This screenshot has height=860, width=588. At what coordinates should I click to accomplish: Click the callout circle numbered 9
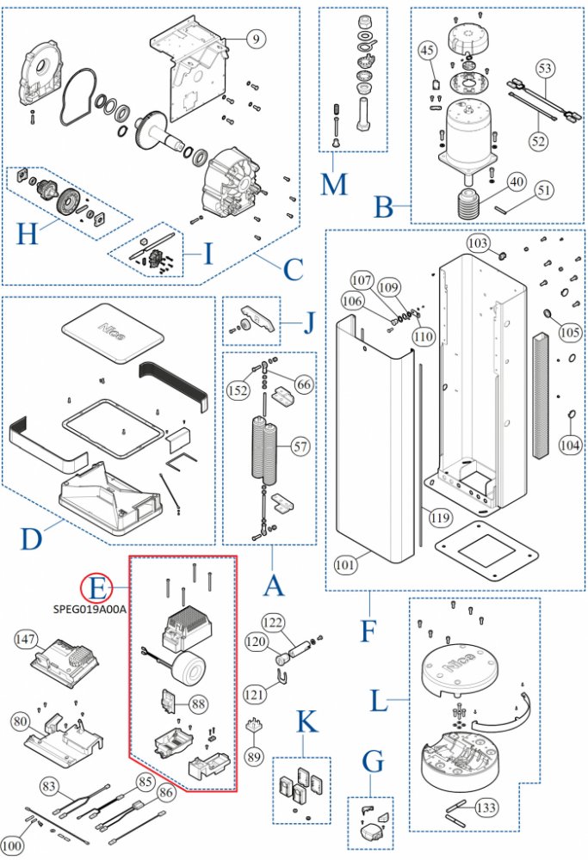point(256,39)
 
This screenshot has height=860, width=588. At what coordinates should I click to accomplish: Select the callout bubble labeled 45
point(427,50)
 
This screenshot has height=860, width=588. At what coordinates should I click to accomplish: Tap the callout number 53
point(545,68)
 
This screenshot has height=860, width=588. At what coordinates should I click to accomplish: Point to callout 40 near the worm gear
point(516,181)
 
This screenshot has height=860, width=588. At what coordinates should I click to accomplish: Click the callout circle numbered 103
point(478,243)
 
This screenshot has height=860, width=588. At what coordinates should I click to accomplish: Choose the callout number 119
point(440,517)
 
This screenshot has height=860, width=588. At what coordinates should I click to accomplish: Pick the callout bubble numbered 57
point(300,446)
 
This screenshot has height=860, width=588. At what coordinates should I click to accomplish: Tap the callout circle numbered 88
point(198,703)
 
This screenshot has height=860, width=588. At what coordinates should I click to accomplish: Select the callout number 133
point(486,808)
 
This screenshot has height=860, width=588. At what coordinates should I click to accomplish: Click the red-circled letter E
point(97,589)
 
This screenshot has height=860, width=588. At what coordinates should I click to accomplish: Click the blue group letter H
point(28,234)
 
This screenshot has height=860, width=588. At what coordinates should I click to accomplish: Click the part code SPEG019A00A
point(89,610)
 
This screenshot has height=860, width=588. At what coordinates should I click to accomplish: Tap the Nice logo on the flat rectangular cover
point(111,331)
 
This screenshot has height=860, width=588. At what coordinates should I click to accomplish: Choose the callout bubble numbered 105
point(569,331)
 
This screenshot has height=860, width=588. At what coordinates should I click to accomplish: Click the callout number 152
point(238,390)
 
